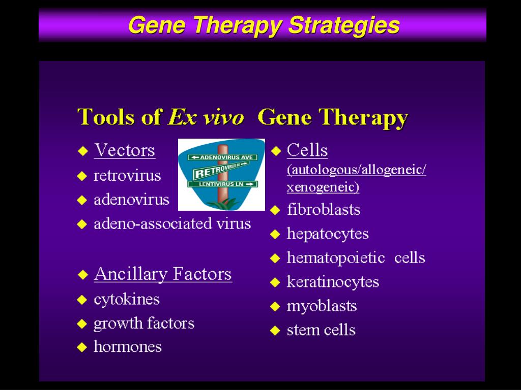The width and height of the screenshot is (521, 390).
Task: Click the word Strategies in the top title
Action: (x=343, y=25)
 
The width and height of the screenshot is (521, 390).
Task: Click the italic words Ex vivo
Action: (x=206, y=117)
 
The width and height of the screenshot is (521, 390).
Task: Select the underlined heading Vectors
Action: (x=124, y=150)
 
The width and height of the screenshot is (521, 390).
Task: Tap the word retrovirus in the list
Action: (x=127, y=176)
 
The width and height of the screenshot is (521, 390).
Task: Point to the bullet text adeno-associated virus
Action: (x=172, y=223)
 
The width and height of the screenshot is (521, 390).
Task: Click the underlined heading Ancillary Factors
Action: (x=162, y=274)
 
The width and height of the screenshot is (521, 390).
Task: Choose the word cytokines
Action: (x=126, y=299)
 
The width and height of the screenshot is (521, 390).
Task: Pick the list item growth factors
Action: (x=143, y=323)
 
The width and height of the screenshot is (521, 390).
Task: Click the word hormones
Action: (x=127, y=347)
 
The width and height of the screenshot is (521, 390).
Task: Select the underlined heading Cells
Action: (x=307, y=150)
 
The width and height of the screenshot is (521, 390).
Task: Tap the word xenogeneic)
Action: (x=323, y=187)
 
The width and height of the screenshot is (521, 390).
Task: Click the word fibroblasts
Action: (x=323, y=209)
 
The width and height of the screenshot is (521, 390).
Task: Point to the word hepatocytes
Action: (x=327, y=234)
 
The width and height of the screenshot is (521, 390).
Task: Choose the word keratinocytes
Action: (x=333, y=281)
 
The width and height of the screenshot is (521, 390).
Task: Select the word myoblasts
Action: (x=322, y=306)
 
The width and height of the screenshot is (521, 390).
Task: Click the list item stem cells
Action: (x=321, y=330)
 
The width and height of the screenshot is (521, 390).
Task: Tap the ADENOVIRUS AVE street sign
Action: (x=222, y=157)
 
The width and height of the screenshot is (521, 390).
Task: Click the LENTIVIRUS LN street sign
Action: (x=222, y=184)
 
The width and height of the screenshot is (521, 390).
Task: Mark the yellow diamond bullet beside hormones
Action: (x=82, y=348)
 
